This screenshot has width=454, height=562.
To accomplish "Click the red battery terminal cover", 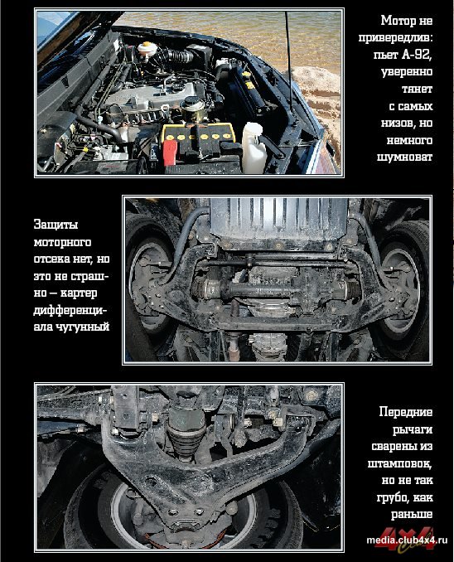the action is [x=170, y=152].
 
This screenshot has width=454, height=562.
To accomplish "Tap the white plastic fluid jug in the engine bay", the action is [x=253, y=148].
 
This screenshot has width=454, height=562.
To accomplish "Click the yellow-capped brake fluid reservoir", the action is [x=147, y=49].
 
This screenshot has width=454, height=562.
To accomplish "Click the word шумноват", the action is [x=405, y=157].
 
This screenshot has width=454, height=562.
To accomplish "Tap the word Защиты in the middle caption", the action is [x=56, y=225].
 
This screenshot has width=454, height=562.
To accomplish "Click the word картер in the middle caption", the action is [x=79, y=293].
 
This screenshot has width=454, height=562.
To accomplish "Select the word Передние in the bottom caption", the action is [x=406, y=412].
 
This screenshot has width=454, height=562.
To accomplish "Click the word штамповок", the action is [x=399, y=463].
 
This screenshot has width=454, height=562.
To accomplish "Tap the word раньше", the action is [x=412, y=515].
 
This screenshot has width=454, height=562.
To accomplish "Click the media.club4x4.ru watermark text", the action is [x=407, y=540].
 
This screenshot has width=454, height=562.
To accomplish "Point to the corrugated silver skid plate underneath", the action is [x=278, y=220].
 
